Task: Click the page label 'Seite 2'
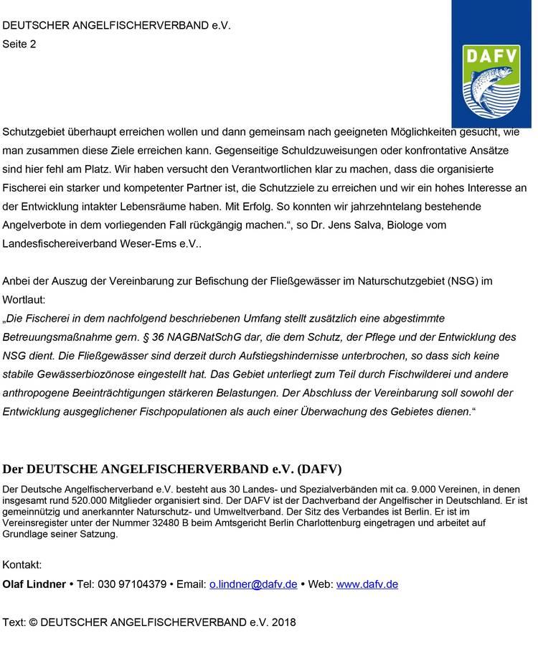click(x=19, y=44)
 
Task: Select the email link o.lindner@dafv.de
click(x=253, y=584)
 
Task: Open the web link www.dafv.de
click(x=367, y=584)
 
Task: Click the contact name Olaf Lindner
click(x=34, y=584)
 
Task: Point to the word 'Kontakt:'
click(x=22, y=565)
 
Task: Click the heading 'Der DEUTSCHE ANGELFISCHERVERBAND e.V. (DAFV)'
click(x=172, y=469)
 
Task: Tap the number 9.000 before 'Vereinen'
click(x=403, y=490)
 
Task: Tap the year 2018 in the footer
click(x=283, y=622)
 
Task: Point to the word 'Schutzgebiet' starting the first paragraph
click(x=32, y=132)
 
